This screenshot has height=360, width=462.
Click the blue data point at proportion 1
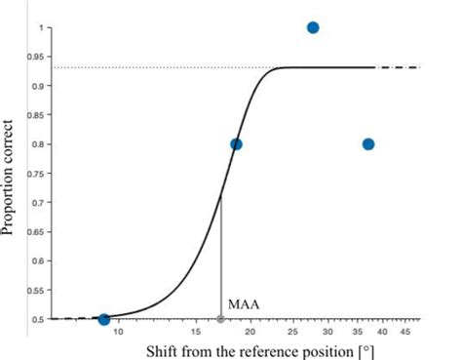point(313,27)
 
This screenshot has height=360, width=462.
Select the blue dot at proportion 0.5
point(104,319)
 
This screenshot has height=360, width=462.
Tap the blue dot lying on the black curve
point(236,144)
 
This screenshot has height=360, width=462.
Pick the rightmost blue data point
point(368,144)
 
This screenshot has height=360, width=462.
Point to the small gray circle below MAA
point(220,319)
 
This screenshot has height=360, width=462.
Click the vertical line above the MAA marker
point(220,254)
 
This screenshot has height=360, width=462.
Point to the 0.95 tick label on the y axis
point(38,57)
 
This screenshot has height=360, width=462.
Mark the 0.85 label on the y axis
point(38,115)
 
